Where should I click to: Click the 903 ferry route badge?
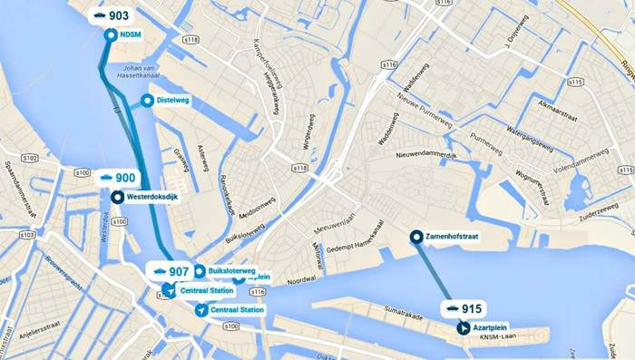point(112,15)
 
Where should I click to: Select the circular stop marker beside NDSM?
point(111,35)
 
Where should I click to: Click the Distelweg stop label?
point(172,100)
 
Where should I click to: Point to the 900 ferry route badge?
point(117,179)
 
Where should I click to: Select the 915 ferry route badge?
point(462,308)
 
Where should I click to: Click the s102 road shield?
point(28,157)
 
